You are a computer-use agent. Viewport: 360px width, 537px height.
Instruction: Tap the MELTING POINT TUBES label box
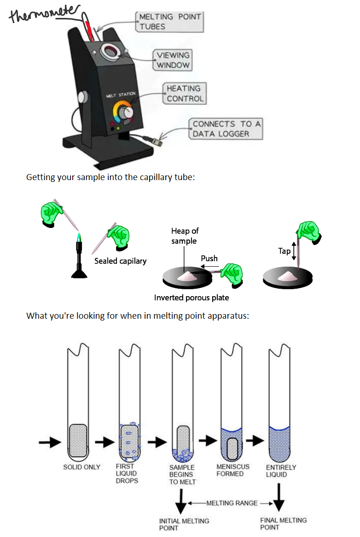pyautogui.click(x=169, y=22)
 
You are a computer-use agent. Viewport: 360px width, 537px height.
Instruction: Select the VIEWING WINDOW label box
pyautogui.click(x=173, y=60)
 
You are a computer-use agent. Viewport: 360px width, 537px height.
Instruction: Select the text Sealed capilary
pyautogui.click(x=120, y=261)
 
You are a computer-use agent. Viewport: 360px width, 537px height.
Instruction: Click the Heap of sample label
pyautogui.click(x=185, y=236)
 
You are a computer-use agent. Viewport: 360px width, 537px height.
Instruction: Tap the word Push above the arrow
pyautogui.click(x=209, y=258)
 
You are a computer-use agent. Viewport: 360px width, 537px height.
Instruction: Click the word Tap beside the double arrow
pyautogui.click(x=284, y=251)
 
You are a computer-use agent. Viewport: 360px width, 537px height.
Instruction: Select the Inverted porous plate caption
pyautogui.click(x=191, y=298)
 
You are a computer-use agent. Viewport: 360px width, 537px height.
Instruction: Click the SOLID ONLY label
pyautogui.click(x=81, y=467)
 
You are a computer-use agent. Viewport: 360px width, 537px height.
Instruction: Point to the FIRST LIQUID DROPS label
pyautogui.click(x=126, y=473)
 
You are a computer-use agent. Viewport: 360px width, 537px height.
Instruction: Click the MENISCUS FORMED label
pyautogui.click(x=232, y=470)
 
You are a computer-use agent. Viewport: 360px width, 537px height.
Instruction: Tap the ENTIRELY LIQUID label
pyautogui.click(x=281, y=471)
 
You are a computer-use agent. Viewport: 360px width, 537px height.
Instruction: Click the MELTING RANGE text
pyautogui.click(x=232, y=503)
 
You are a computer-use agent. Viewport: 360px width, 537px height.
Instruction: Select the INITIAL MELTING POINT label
pyautogui.click(x=184, y=524)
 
